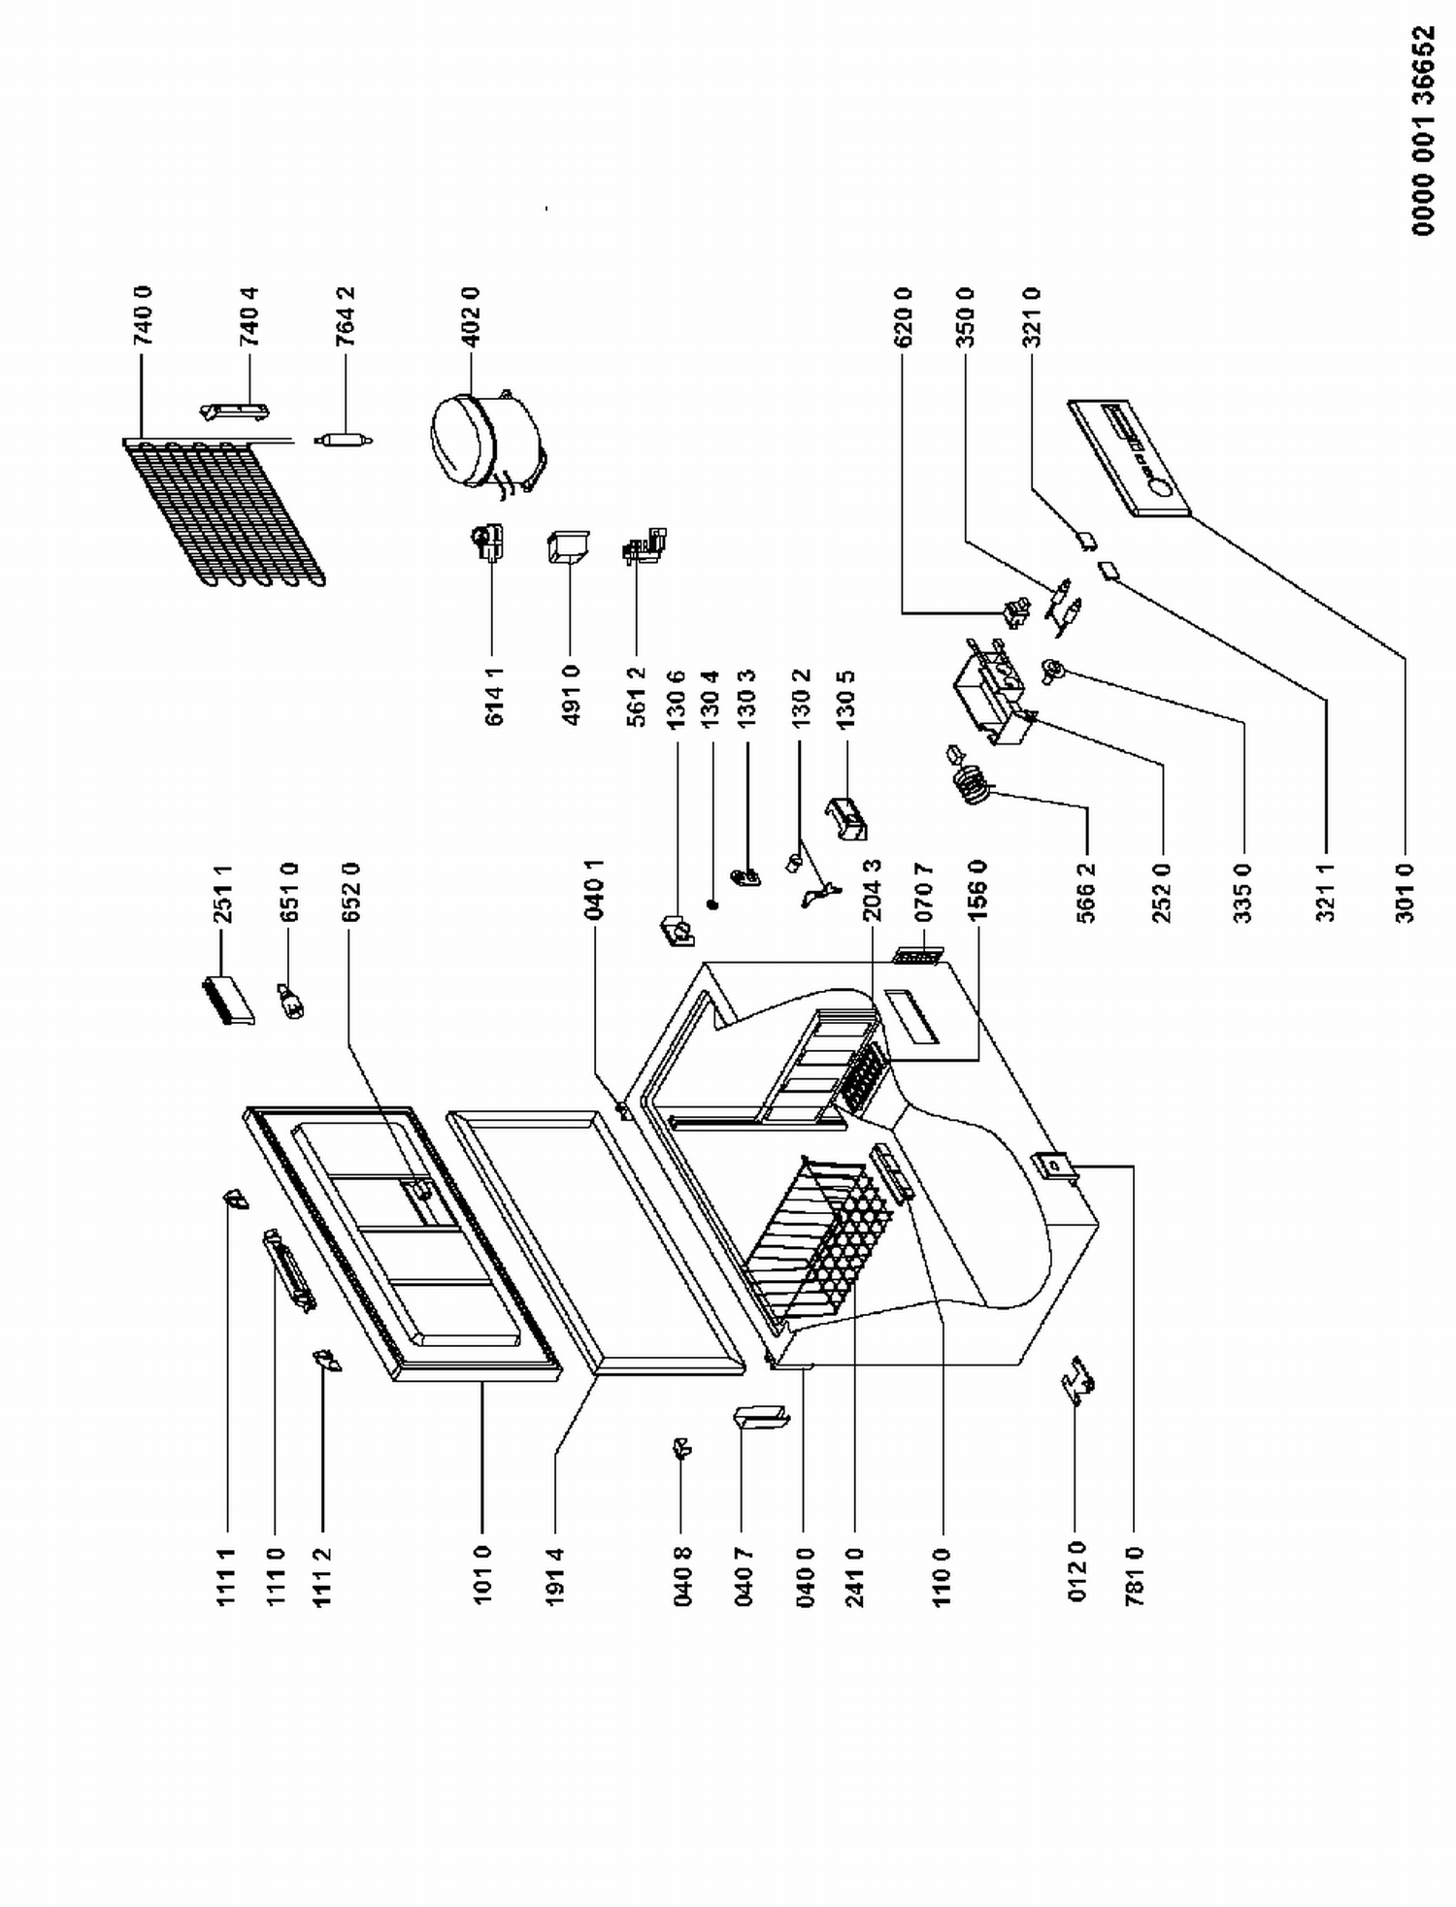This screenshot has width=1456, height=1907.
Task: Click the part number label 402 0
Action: pyautogui.click(x=471, y=316)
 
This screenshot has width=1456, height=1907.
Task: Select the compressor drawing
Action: pyautogui.click(x=486, y=440)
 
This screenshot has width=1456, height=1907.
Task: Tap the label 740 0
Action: pyautogui.click(x=143, y=316)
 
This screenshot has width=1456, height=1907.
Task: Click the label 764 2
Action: pyautogui.click(x=346, y=316)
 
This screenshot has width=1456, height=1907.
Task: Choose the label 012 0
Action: pyautogui.click(x=1075, y=1572)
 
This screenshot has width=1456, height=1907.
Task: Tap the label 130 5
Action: pyautogui.click(x=846, y=699)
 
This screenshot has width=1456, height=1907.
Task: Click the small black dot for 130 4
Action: pyautogui.click(x=713, y=904)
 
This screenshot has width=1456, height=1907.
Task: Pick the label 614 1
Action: pyautogui.click(x=493, y=697)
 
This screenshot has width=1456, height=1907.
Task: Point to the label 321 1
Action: pyautogui.click(x=1326, y=892)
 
